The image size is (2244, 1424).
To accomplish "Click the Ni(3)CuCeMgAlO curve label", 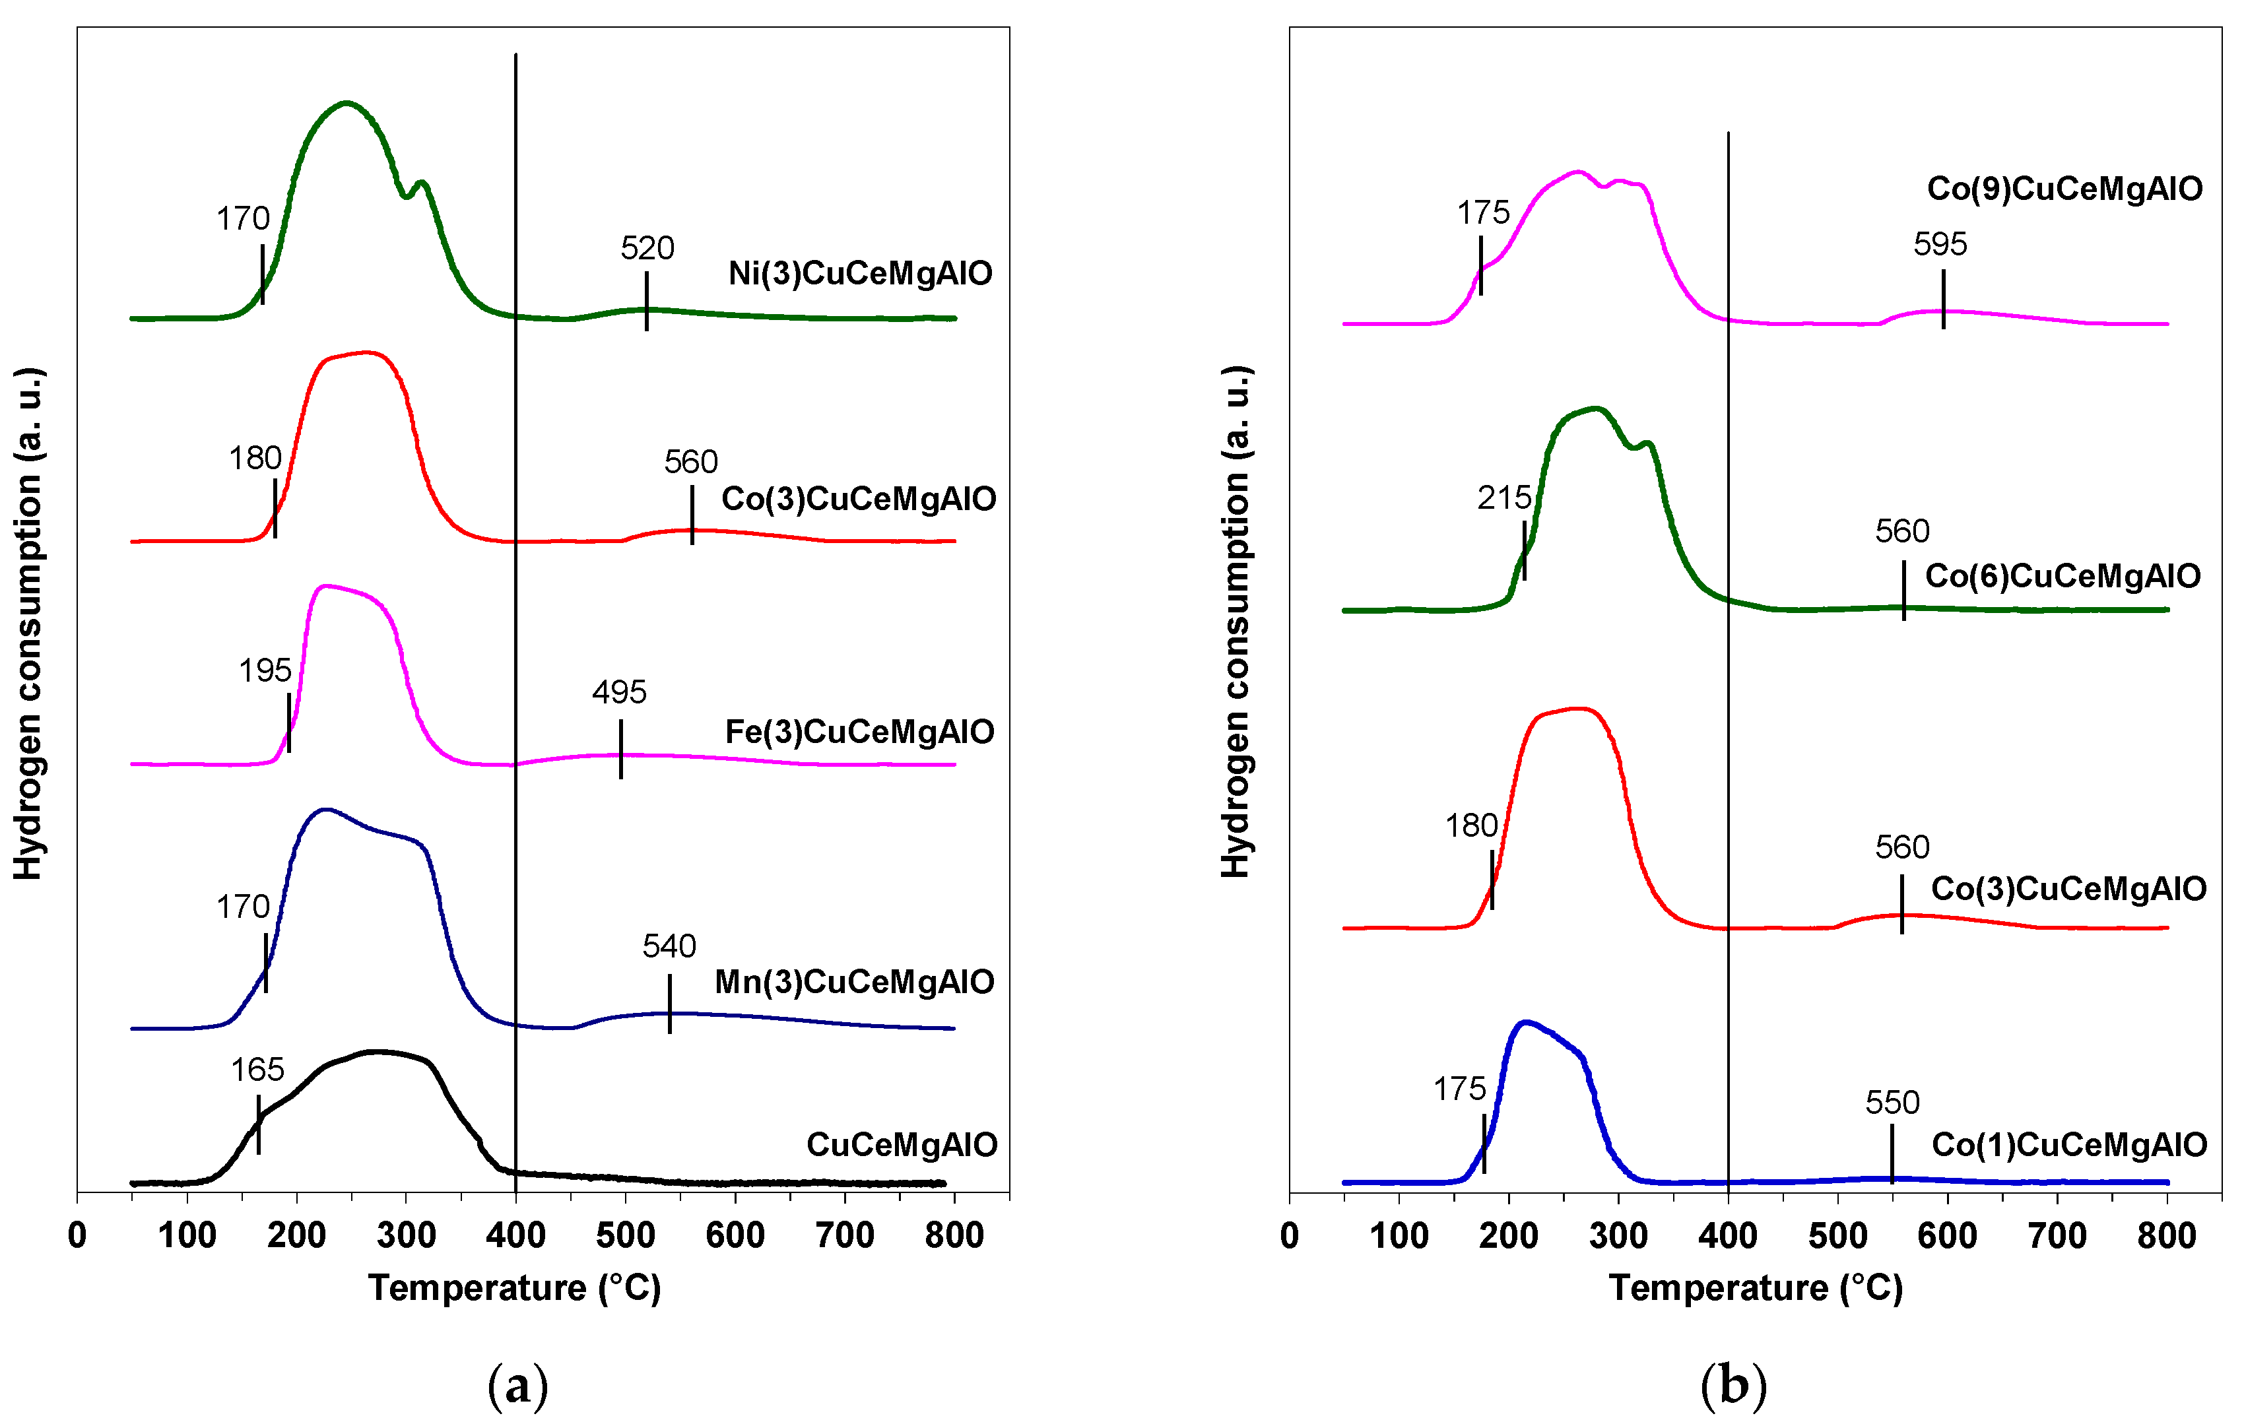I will [x=859, y=273].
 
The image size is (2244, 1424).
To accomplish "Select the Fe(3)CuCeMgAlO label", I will [x=859, y=732].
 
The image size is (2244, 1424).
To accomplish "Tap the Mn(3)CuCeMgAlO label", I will [x=853, y=981].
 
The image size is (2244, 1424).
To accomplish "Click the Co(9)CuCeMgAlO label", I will [x=2064, y=188].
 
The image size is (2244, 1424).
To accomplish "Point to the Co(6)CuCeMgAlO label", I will [x=2062, y=576].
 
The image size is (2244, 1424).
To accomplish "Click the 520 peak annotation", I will [x=647, y=248].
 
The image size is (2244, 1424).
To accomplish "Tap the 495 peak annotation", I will [x=619, y=692].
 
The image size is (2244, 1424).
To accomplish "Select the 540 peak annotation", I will [x=669, y=946].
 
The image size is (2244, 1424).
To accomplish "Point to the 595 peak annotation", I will [x=1940, y=244].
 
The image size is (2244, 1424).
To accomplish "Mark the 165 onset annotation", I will [x=257, y=1069].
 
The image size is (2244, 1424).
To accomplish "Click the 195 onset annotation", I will [x=265, y=669].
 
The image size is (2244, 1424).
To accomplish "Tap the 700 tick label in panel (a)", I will [x=844, y=1236].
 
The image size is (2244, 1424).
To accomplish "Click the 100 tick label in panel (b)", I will [x=1399, y=1236].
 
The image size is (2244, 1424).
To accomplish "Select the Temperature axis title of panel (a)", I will [x=514, y=1288].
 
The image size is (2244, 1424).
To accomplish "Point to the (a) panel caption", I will [x=517, y=1385].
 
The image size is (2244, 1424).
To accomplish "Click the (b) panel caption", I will [x=1732, y=1385].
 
